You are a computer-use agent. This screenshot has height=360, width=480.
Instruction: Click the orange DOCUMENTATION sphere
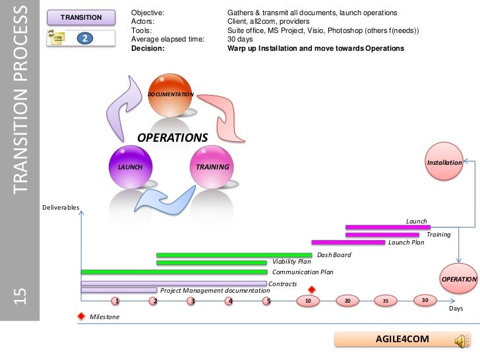pyautogui.click(x=170, y=94)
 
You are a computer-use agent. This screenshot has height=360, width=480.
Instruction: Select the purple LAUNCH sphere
pyautogui.click(x=130, y=167)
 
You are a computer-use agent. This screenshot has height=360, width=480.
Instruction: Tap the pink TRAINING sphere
pyautogui.click(x=212, y=167)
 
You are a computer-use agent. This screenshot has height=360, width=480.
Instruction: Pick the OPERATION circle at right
pyautogui.click(x=459, y=279)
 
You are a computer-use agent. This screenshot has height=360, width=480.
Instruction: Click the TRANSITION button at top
pyautogui.click(x=81, y=17)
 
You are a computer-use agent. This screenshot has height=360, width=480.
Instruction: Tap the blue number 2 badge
pyautogui.click(x=84, y=38)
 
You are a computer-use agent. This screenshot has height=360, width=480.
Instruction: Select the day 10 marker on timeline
pyautogui.click(x=308, y=301)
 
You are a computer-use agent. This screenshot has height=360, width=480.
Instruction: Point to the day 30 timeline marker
pyautogui.click(x=425, y=301)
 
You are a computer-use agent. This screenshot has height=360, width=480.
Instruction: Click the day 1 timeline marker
pyautogui.click(x=116, y=301)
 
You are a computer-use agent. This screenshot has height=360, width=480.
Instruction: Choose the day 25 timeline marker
pyautogui.click(x=386, y=301)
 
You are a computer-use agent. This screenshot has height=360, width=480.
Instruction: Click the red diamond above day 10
pyautogui.click(x=312, y=289)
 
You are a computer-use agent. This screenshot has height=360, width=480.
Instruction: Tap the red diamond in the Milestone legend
pyautogui.click(x=81, y=316)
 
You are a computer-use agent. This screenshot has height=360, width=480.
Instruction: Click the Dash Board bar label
pyautogui.click(x=334, y=255)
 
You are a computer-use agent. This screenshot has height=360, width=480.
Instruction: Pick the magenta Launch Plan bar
pyautogui.click(x=347, y=243)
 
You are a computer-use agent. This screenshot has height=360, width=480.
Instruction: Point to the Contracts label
pyautogui.click(x=282, y=284)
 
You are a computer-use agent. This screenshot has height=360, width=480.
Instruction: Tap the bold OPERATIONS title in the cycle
pyautogui.click(x=172, y=138)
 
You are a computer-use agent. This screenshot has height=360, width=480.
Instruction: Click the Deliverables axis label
pyautogui.click(x=61, y=208)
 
